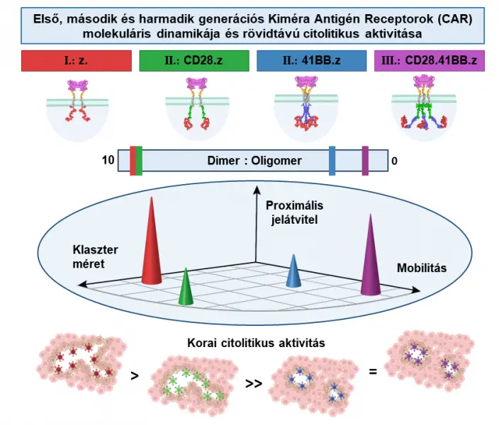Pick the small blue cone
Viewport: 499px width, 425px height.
[x=293, y=272]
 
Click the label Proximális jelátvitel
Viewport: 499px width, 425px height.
[x=294, y=212]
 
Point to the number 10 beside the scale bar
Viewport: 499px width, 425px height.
[x=108, y=161]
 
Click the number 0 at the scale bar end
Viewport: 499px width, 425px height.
[x=394, y=161]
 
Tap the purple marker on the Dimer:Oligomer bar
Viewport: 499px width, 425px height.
[x=365, y=160]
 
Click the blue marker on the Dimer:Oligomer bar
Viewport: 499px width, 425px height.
[x=332, y=160]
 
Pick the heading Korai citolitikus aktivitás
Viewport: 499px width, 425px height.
[x=256, y=343]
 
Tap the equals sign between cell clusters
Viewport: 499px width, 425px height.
[x=373, y=368]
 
